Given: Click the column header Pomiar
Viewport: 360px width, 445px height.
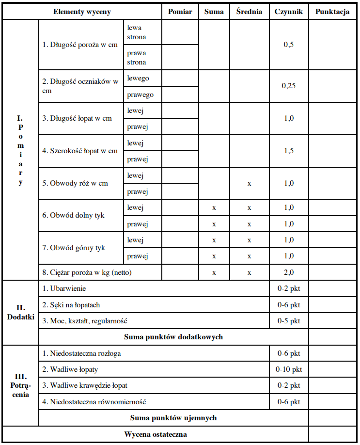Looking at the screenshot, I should click(x=180, y=12).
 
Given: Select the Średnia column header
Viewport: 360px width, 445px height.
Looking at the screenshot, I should click(x=250, y=12).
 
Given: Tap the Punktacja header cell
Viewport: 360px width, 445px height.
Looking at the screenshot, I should click(x=332, y=12).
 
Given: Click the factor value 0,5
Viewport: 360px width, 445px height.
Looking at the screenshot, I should click(x=288, y=45).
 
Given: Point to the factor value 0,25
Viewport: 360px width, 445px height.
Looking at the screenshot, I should click(x=289, y=86).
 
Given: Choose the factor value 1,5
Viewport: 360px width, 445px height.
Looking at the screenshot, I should click(x=288, y=151).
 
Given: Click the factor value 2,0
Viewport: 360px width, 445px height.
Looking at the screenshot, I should click(x=288, y=272).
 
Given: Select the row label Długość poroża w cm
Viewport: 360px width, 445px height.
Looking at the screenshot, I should click(x=80, y=45).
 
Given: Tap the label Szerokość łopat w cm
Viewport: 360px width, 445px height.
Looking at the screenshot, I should click(x=80, y=151).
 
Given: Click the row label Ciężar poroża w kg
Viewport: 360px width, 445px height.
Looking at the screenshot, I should click(x=87, y=272).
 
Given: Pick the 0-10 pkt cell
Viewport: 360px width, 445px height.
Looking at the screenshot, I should click(x=289, y=369).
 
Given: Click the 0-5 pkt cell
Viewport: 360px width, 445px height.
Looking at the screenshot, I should click(x=289, y=321).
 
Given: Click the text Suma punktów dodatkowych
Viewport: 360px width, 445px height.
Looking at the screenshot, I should click(x=173, y=336).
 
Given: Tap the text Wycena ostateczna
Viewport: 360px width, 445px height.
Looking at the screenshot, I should click(x=156, y=434).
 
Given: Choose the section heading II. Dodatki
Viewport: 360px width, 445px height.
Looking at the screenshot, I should click(x=20, y=312).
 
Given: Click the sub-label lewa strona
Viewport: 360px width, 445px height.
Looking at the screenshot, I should click(x=137, y=32).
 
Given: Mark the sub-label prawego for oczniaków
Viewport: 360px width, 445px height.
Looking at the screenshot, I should click(x=141, y=95).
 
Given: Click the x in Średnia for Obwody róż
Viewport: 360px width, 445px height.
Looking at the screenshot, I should click(x=249, y=183).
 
